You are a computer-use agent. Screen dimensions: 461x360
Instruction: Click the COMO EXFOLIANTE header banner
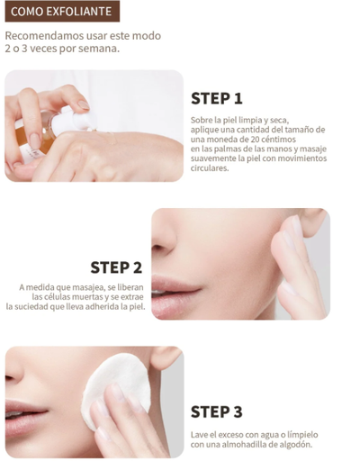tap(60, 12)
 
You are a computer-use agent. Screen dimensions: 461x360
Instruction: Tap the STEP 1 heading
tap(217, 98)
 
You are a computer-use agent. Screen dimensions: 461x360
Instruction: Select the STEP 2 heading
tap(116, 267)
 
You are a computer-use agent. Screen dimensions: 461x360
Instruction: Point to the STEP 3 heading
tap(217, 411)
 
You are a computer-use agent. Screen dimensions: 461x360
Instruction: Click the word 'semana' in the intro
tap(99, 49)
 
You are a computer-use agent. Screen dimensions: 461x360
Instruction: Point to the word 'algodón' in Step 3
tap(293, 444)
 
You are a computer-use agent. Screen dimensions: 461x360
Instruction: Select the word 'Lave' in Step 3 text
tap(199, 434)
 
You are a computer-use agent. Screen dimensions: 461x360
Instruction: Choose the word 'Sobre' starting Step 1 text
tap(202, 119)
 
